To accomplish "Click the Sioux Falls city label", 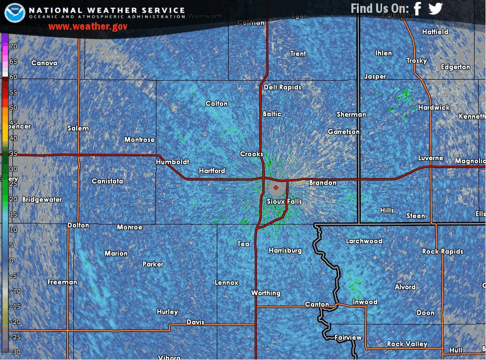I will click(x=284, y=201).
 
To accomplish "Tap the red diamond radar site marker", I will click(x=276, y=187).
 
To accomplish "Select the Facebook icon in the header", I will click(x=417, y=9).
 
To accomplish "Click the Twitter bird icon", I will click(x=435, y=9).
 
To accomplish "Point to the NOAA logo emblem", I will click(x=15, y=12).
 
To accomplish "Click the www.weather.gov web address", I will click(x=88, y=26).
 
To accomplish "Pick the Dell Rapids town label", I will click(x=282, y=87).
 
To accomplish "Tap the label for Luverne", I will click(x=431, y=158).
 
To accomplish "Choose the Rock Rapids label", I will click(x=442, y=251).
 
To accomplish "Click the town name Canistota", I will click(x=107, y=181).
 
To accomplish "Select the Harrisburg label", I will click(x=285, y=250).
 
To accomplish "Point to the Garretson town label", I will click(x=343, y=132).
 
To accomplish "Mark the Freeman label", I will click(x=62, y=282).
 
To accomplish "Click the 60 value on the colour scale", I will click(x=13, y=77).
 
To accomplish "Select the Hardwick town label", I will click(x=434, y=107).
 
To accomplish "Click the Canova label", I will click(x=44, y=63).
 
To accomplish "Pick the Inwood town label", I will click(x=365, y=302).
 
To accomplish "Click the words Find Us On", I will click(x=380, y=8).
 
